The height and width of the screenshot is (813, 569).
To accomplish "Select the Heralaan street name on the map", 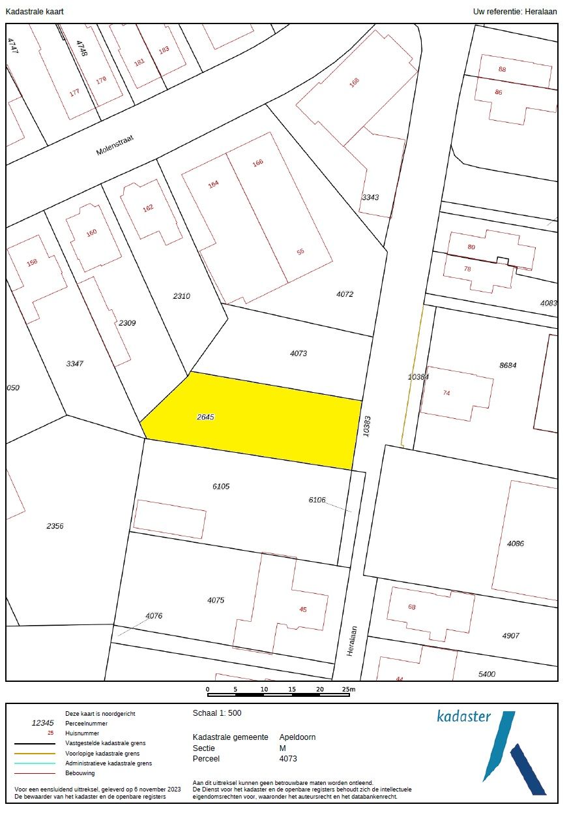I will point(353,641).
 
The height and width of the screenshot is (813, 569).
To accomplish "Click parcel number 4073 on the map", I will point(299,354).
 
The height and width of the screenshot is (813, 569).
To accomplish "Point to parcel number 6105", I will point(221,486).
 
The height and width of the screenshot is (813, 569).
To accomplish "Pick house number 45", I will point(302,609).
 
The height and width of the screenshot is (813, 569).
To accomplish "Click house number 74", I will point(446,393).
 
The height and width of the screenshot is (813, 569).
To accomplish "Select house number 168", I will point(355,82).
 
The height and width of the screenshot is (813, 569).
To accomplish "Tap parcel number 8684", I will point(508,365).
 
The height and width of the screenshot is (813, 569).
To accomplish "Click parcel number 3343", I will point(370,197).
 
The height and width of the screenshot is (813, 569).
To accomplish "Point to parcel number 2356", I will point(55,526).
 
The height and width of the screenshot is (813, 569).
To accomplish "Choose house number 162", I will point(148,208).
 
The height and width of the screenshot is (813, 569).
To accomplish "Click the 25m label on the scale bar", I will point(349,689).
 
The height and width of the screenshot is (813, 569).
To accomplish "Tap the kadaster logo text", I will point(463,716).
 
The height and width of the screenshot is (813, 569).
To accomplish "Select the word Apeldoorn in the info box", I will point(297,737).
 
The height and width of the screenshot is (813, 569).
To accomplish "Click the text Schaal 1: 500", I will point(217,713).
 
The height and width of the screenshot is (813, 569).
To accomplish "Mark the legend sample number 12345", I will point(43,723).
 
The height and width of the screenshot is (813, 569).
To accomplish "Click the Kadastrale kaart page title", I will point(35,12).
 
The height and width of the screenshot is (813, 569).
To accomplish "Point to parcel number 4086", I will point(516,544).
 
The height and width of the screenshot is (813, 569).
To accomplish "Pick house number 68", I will point(412,607).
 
